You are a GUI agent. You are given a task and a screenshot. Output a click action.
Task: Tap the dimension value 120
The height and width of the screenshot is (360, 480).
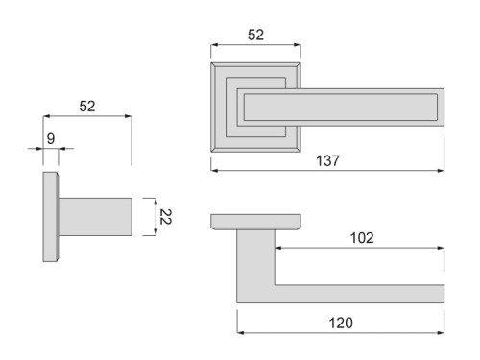[339, 323]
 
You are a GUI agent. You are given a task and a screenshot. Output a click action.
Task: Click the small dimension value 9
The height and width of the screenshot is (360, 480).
[51, 139]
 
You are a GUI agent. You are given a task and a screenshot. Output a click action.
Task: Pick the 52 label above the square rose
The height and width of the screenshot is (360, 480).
[255, 34]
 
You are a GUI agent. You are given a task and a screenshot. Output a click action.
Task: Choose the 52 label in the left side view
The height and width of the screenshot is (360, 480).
[86, 106]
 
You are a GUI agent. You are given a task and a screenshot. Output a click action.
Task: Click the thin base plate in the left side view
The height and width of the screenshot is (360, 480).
[50, 217]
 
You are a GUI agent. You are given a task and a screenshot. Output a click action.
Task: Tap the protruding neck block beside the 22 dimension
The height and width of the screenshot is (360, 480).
[95, 217]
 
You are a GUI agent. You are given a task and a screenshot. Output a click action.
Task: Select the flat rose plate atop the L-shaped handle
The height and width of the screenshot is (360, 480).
[255, 222]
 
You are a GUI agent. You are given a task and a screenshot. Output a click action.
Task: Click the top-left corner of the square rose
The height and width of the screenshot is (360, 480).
[212, 64]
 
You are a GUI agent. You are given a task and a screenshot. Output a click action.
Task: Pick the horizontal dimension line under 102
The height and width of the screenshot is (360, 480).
[360, 248]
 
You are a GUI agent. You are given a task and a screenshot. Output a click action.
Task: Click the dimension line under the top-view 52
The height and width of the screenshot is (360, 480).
[255, 45]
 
